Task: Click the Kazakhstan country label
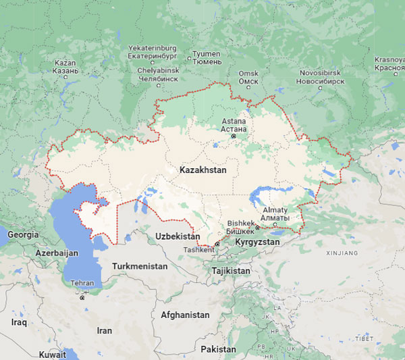pyautogui.click(x=202, y=170)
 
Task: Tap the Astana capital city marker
pyautogui.click(x=234, y=136)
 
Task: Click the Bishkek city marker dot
pyautogui.click(x=257, y=228)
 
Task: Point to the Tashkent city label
pyautogui.click(x=199, y=249)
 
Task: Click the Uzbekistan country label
pyautogui.click(x=178, y=236)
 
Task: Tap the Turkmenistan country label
pyautogui.click(x=139, y=266)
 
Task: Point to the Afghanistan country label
pyautogui.click(x=185, y=315)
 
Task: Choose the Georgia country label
pyautogui.click(x=23, y=235)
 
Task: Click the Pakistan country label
pyautogui.click(x=218, y=349)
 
